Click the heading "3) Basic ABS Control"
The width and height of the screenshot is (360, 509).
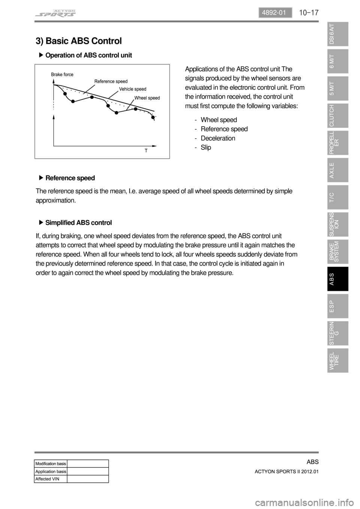click(x=79, y=41)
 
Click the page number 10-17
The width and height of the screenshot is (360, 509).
click(x=309, y=13)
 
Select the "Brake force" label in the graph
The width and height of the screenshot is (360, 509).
click(x=62, y=75)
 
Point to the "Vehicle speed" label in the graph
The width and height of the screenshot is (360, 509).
click(x=132, y=89)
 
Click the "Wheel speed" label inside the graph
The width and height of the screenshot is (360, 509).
click(x=147, y=98)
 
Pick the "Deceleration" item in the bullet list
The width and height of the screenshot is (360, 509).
click(x=218, y=138)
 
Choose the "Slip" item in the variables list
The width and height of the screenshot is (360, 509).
click(x=206, y=147)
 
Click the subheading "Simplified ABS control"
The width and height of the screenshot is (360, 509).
click(x=78, y=223)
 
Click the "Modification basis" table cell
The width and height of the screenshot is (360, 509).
click(x=51, y=464)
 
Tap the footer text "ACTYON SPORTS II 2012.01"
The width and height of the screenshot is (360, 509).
click(x=286, y=472)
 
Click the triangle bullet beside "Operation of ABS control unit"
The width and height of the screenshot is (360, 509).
click(x=41, y=55)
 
